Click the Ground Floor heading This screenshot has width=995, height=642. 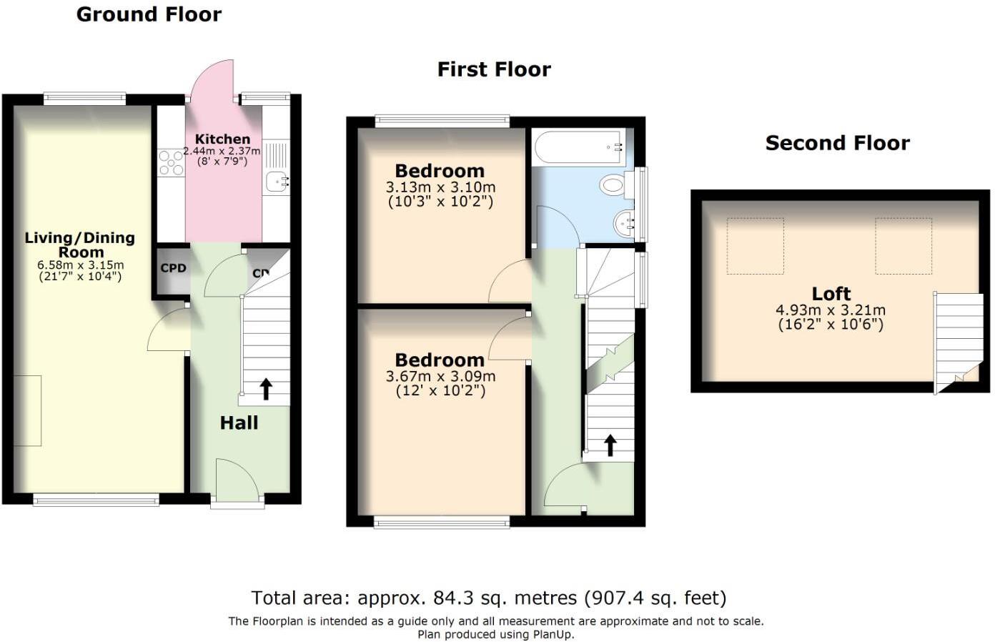click(x=149, y=14)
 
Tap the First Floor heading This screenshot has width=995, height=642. click(x=494, y=69)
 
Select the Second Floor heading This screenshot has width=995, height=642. click(x=837, y=143)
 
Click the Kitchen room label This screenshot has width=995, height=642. click(x=222, y=139)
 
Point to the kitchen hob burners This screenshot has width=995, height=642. click(x=171, y=162)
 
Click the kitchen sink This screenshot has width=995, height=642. click(x=277, y=182)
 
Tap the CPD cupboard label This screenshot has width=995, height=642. click(x=173, y=268)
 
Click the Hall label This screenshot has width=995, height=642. click(x=239, y=423)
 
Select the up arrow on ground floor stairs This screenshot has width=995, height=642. click(x=266, y=389)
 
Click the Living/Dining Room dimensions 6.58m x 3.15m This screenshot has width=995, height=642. click(x=80, y=265)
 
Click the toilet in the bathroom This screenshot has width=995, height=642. click(x=613, y=186)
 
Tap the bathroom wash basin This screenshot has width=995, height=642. click(x=624, y=224)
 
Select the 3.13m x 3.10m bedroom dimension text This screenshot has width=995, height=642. click(x=440, y=187)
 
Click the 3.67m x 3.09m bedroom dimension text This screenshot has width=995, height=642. click(x=440, y=377)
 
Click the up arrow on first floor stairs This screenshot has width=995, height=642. click(x=610, y=445)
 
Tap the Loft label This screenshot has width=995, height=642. click(x=831, y=294)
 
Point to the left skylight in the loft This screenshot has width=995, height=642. click(x=756, y=247)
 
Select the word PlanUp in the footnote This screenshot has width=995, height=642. click(x=550, y=634)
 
